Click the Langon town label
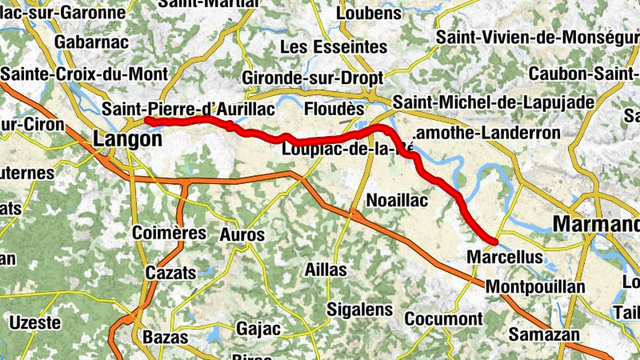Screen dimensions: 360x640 (x=127, y=139)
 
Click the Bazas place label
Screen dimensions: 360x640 (x=165, y=337)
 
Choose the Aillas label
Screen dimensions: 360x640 (x=326, y=270)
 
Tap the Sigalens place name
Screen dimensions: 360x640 (x=359, y=310)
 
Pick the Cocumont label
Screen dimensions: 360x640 (x=443, y=318)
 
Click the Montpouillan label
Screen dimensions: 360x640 (x=535, y=286)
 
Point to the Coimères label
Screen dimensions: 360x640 (x=169, y=233)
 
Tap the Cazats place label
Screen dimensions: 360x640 (x=170, y=272)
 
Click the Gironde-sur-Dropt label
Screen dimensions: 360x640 (x=313, y=78)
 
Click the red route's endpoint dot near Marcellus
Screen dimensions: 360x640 (x=495, y=241)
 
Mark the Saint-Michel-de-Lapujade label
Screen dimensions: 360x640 (x=494, y=102)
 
